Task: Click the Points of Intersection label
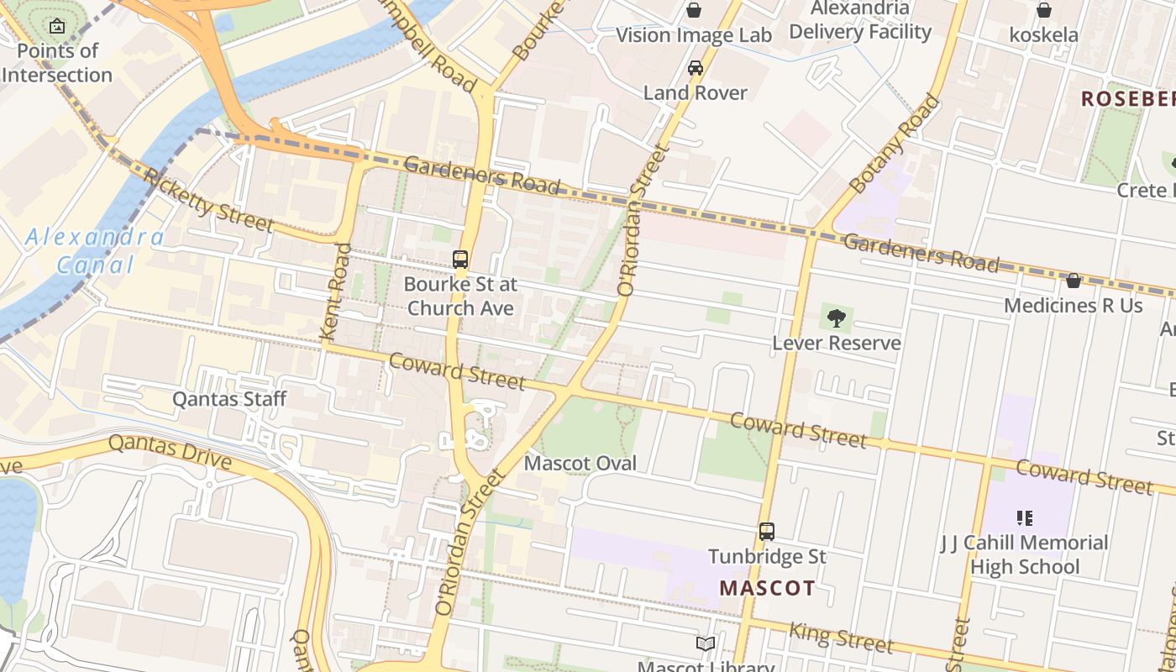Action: [x=57, y=63]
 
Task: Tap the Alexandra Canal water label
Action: [x=94, y=251]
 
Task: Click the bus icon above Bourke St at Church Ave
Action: [x=460, y=259]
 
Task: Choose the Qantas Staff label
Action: [x=229, y=399]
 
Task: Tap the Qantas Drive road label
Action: [x=170, y=451]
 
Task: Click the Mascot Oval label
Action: [x=580, y=464]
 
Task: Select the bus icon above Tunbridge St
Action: [x=767, y=531]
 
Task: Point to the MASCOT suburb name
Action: [x=767, y=588]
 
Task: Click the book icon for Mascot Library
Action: [x=706, y=643]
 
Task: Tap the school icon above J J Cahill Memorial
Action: [x=1024, y=517]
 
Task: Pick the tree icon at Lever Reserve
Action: [x=836, y=318]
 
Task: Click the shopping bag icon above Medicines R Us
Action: [x=1073, y=280]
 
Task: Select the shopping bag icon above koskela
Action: [x=1043, y=10]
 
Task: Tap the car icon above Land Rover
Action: [x=696, y=67]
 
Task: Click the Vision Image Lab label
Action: [x=694, y=35]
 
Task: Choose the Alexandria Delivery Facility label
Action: [x=860, y=21]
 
